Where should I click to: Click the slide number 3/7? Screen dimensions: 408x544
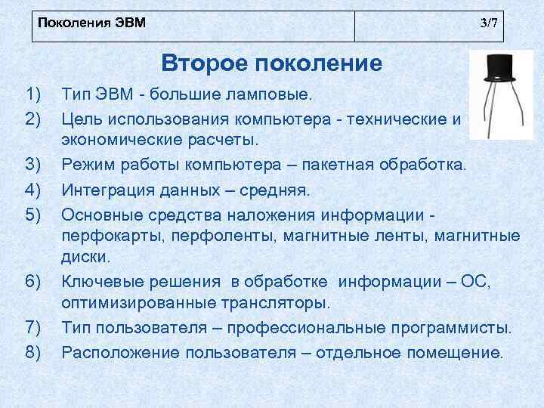tap(489, 22)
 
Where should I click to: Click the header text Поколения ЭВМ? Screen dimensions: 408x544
tap(91, 22)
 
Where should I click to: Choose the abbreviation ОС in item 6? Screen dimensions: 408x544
tap(478, 282)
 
